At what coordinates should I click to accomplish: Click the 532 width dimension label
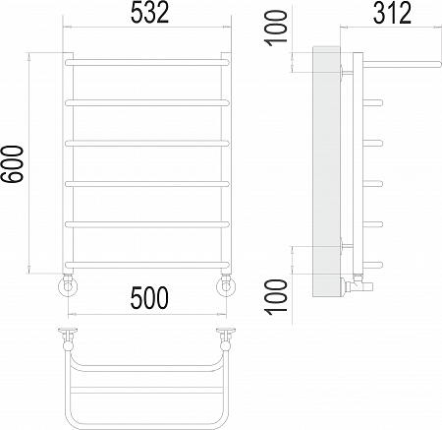tap(149, 13)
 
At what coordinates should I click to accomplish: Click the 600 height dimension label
tap(12, 164)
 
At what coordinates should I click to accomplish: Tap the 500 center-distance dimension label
tap(149, 298)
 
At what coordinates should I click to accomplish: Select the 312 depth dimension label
tap(392, 13)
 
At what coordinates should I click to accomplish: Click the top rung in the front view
tap(147, 63)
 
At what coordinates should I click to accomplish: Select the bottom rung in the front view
tap(147, 265)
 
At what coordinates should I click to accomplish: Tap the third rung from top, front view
tap(147, 144)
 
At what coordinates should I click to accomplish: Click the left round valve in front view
tap(68, 286)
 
